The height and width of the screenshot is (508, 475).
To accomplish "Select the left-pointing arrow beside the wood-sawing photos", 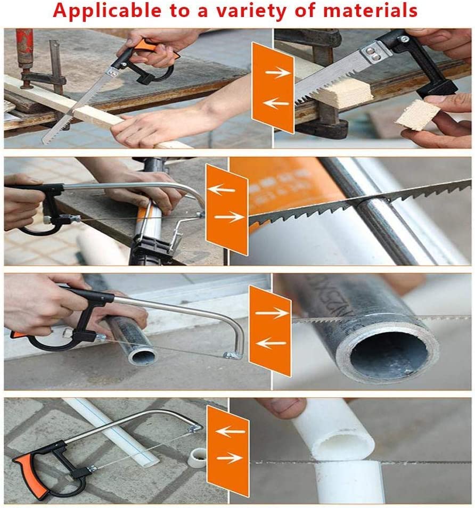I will click(x=273, y=103).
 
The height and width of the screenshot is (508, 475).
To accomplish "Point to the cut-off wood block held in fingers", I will click(x=417, y=114).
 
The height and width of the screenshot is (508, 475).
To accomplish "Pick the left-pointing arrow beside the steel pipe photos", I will click(x=269, y=343).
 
